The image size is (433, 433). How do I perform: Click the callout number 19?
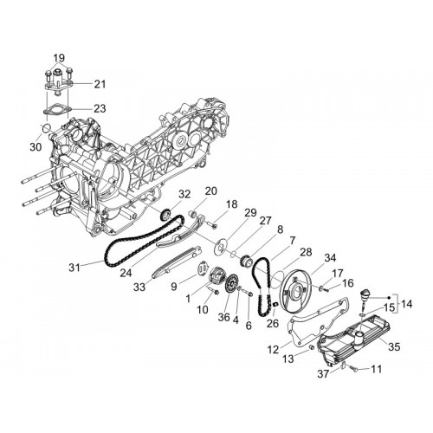[x=59, y=58]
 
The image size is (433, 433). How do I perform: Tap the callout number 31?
[x=74, y=268]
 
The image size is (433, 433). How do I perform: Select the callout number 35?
[x=394, y=346]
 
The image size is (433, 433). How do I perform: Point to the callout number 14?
[x=406, y=303]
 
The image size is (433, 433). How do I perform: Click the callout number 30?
[x=36, y=147]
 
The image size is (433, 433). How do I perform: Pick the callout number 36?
[x=223, y=317]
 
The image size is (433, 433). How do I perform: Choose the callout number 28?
[x=306, y=252]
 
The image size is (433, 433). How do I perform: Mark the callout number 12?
[x=273, y=350]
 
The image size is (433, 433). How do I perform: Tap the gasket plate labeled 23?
[x=57, y=111]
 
